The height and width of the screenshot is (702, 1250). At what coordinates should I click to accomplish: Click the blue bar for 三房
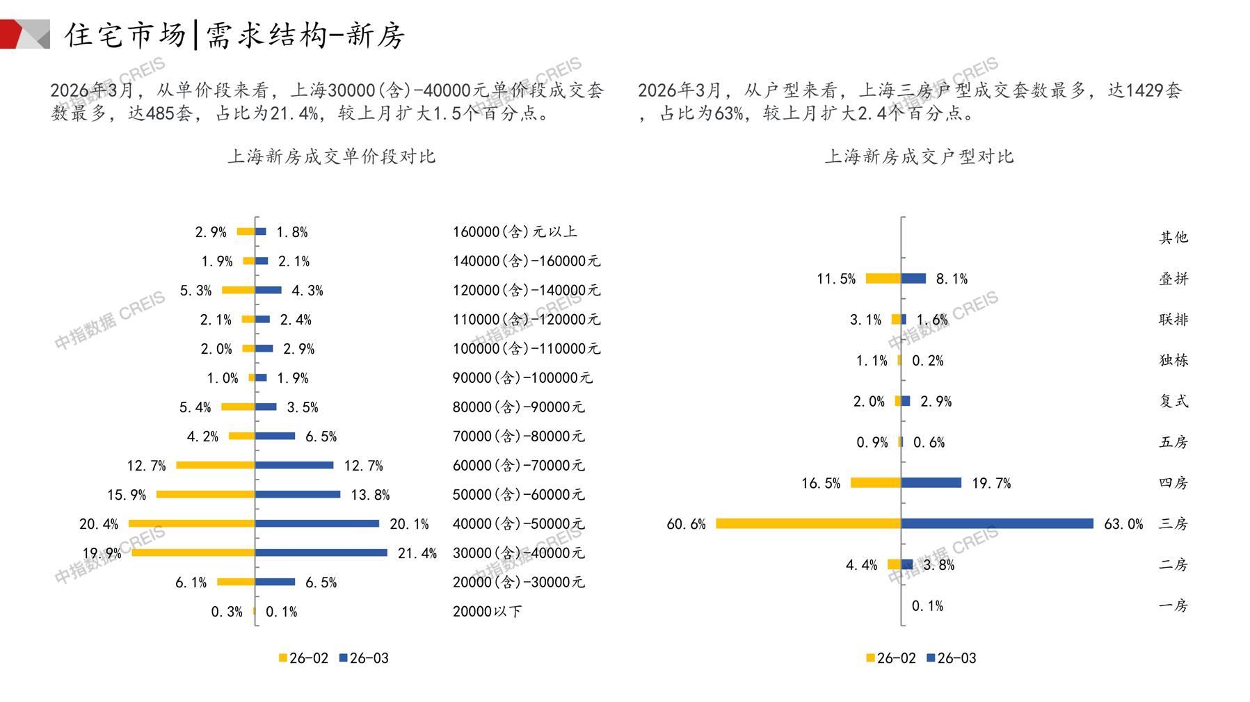click(997, 523)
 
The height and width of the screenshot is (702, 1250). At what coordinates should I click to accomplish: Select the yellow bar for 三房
click(808, 523)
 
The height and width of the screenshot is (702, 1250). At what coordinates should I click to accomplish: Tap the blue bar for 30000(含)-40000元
click(321, 553)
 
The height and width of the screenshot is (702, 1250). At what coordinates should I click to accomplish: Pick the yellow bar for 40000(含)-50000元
click(192, 523)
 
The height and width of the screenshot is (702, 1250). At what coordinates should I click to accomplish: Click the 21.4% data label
click(417, 553)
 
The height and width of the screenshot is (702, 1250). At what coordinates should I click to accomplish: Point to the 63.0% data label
click(1123, 524)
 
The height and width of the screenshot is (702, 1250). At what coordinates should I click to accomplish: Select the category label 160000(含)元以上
click(515, 232)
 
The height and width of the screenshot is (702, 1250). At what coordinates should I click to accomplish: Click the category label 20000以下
click(487, 612)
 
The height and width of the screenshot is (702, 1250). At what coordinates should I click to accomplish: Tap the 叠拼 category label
click(1173, 279)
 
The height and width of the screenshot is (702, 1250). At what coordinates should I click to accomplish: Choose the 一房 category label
click(1173, 605)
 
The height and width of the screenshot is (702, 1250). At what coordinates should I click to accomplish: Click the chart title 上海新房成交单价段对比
click(331, 156)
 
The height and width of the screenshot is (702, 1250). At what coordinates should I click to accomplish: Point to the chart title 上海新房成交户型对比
click(919, 156)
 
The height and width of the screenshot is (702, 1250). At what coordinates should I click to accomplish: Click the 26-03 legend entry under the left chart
click(364, 658)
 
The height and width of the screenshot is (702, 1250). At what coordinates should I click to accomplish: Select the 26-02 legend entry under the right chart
click(891, 658)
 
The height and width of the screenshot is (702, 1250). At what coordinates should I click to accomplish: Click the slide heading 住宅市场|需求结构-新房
click(234, 35)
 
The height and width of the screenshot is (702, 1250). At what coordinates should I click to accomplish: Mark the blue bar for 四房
click(931, 482)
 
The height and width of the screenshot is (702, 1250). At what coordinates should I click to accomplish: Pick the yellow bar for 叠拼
click(883, 279)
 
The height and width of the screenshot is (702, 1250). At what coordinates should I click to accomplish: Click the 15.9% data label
click(127, 495)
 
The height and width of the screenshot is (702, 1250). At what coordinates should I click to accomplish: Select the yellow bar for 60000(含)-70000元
click(216, 465)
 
